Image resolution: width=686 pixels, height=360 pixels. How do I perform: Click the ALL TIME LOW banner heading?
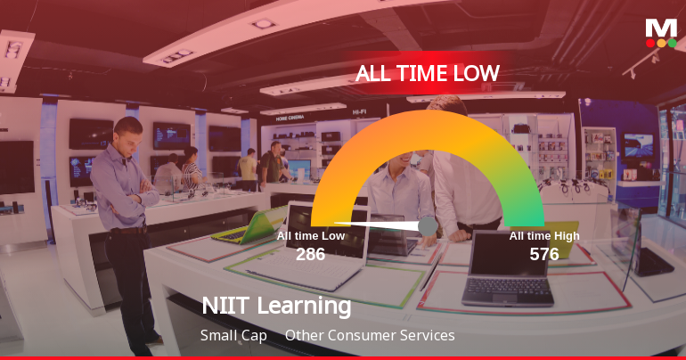[x=428, y=73]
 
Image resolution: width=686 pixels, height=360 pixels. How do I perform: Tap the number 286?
[x=310, y=254]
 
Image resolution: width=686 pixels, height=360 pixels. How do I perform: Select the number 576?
[x=544, y=254]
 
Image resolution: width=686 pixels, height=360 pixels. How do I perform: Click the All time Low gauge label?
[x=310, y=236]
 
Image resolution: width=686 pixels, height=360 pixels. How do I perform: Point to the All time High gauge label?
[x=544, y=236]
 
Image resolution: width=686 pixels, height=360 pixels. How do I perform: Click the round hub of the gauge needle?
[x=428, y=226]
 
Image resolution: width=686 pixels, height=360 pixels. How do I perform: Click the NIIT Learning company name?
[x=276, y=307]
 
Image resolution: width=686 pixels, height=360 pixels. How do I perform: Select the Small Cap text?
[x=233, y=336]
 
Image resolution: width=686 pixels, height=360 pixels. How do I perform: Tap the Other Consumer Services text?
[x=370, y=336]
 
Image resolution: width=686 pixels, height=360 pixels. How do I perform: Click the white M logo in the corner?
[x=661, y=28]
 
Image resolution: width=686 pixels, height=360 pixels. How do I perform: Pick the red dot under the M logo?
[x=650, y=43]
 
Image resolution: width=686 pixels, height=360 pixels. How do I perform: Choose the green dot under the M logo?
[x=672, y=43]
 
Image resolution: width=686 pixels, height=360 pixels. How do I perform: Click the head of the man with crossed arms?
[x=128, y=134]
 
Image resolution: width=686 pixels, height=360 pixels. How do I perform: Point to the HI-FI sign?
[x=360, y=111]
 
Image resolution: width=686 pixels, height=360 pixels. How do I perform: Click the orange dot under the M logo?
[x=661, y=43]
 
